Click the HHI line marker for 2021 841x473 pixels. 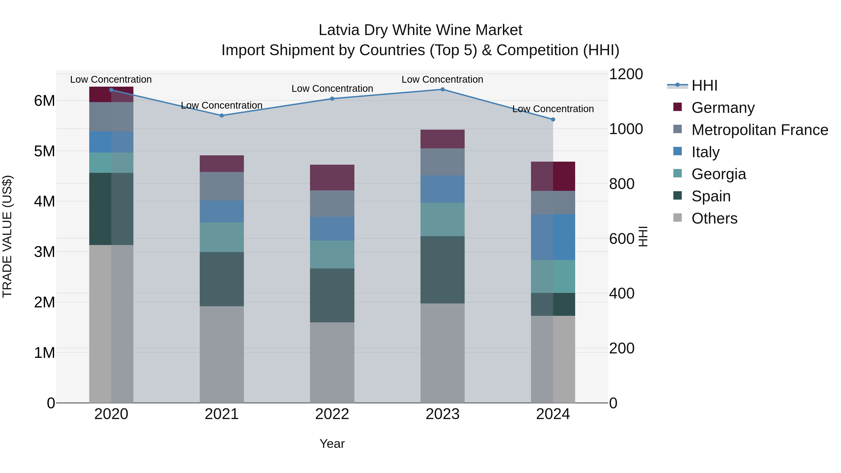coord(222,116)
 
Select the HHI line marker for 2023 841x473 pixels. coord(442,89)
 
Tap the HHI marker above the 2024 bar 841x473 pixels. coord(553,119)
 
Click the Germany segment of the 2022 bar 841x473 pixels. coord(332,178)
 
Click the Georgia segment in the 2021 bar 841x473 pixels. coord(222,237)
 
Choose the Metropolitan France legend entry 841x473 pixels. coord(759,130)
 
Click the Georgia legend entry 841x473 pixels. coord(718,174)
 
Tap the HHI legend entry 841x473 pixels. coord(704,85)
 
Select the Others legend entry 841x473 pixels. coord(714,218)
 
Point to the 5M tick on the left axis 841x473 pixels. coord(44,151)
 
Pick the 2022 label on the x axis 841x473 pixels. coord(332,414)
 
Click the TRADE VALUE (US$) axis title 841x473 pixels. coord(7,236)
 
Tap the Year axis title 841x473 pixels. coord(332,444)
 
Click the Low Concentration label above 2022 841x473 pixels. coord(332,89)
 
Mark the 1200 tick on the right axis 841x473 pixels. coord(626,74)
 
